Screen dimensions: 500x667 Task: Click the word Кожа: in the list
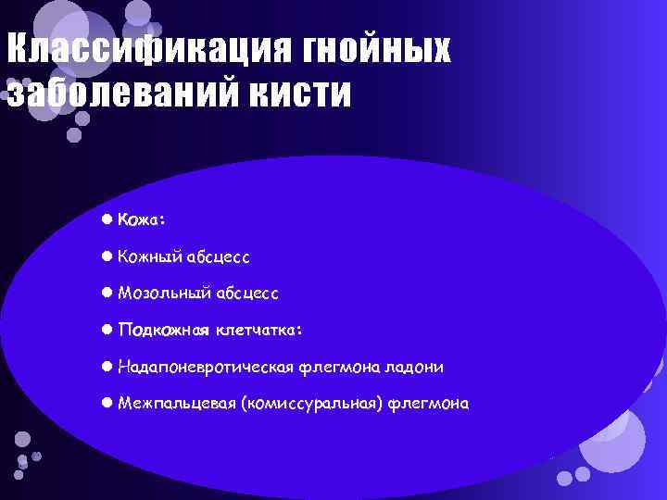[143, 219]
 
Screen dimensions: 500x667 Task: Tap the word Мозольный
[164, 293]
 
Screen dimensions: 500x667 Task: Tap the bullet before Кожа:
[107, 219]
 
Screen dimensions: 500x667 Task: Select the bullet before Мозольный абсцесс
[107, 293]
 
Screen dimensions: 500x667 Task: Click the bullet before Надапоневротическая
[107, 367]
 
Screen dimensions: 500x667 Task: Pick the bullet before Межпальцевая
[107, 404]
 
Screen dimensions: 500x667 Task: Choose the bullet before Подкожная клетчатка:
[107, 330]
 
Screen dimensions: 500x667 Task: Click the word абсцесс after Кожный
[220, 256]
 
